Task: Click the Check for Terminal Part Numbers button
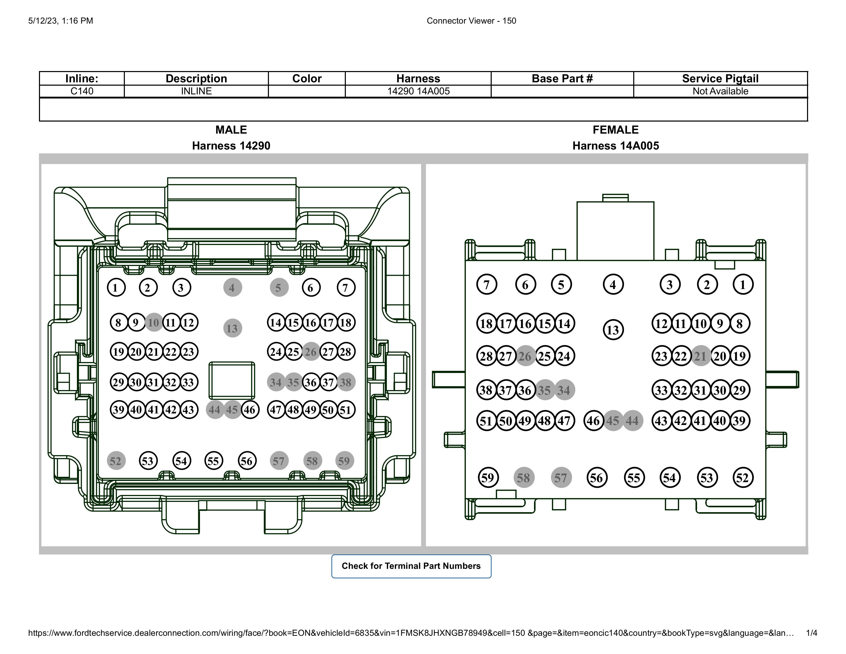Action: point(411,566)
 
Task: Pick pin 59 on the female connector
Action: point(487,478)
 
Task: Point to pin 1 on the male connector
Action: point(116,288)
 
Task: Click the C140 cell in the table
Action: point(82,91)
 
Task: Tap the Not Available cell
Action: point(720,91)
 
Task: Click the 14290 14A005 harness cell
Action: point(418,91)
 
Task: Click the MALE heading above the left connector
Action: point(231,130)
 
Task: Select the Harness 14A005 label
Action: point(616,146)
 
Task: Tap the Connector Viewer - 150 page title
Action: point(471,21)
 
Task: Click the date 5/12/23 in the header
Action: point(43,21)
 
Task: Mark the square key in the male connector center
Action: point(232,380)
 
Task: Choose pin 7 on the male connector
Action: point(346,288)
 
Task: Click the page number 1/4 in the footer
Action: point(812,633)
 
